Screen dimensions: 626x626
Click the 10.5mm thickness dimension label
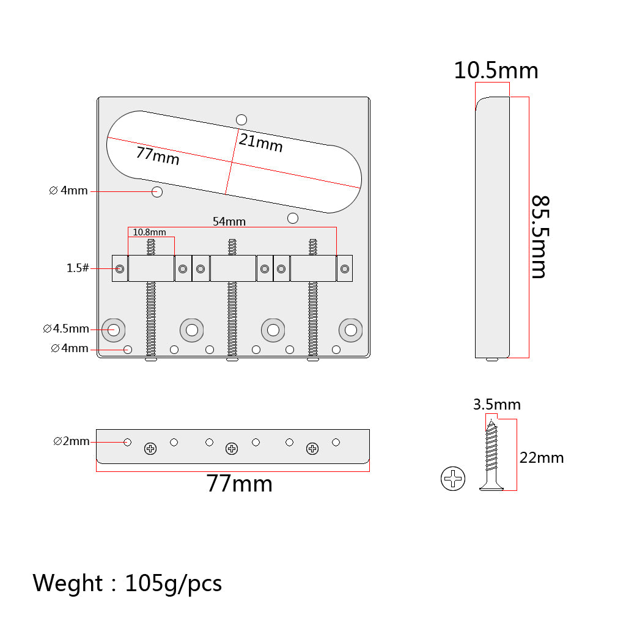click(496, 71)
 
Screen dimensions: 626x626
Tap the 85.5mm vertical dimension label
click(540, 237)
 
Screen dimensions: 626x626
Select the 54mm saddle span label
click(229, 221)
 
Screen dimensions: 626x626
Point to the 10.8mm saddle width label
click(149, 232)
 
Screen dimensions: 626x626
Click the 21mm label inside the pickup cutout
click(260, 143)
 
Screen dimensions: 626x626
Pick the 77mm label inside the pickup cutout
click(158, 156)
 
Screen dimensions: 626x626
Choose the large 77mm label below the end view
click(239, 484)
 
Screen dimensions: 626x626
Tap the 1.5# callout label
click(78, 268)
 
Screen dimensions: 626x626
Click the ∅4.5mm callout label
click(66, 328)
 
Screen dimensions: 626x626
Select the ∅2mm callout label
click(71, 441)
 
